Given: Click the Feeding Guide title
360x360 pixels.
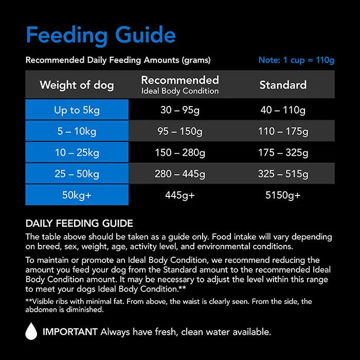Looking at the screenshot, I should (101, 35).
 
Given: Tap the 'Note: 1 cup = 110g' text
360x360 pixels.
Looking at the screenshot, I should (296, 60).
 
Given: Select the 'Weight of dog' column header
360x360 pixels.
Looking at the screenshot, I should (77, 85).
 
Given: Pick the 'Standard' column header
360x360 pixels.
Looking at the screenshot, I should (283, 85).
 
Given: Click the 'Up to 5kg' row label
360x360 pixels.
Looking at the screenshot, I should (77, 110).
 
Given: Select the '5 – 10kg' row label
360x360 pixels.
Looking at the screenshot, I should (77, 132).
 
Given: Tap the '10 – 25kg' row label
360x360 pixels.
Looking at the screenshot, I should (77, 153).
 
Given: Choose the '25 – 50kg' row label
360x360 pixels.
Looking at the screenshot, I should (77, 174).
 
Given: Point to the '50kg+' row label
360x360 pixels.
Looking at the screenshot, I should (77, 195).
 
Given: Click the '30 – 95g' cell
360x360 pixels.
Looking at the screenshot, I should (180, 110).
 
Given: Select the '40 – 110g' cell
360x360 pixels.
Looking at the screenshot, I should (283, 110).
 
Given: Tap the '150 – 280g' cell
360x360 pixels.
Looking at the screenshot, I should (180, 153).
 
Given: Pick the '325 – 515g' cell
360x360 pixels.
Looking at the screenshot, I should (283, 174).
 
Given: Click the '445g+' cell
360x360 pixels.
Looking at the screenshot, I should (180, 195).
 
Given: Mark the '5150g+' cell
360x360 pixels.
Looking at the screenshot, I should (283, 195).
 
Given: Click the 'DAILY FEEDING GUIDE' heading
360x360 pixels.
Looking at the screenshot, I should (79, 224).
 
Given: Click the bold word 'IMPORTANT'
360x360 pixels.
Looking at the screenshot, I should (70, 332).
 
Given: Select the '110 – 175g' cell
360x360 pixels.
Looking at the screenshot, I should (283, 132).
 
